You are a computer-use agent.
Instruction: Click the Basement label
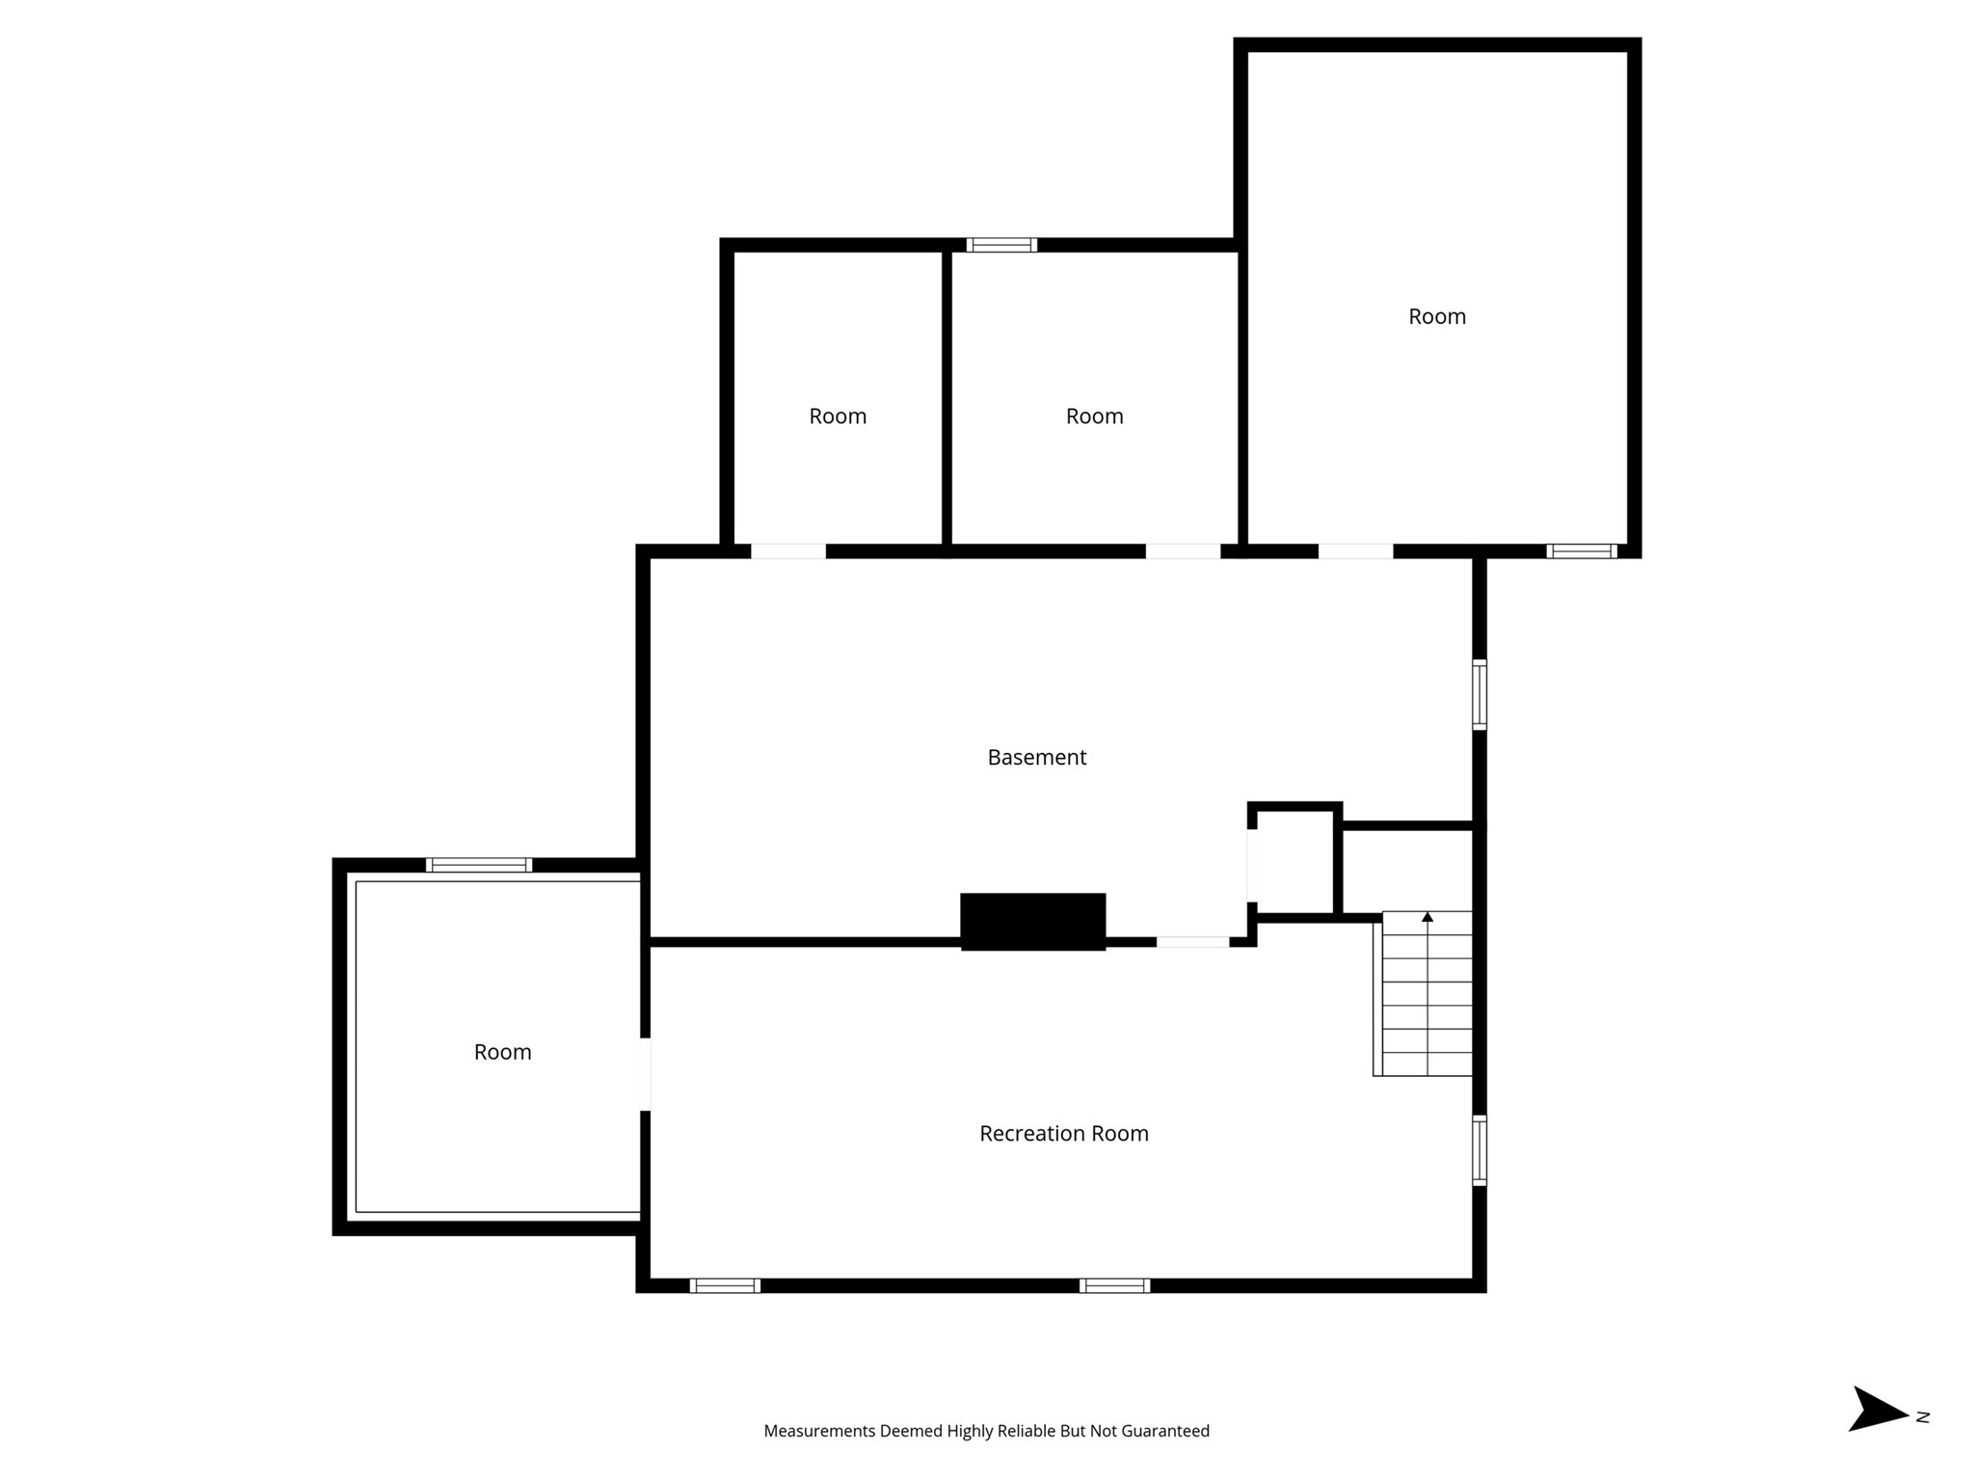click(1036, 758)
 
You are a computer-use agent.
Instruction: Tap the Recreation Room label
click(1063, 1134)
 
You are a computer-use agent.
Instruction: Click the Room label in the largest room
click(1436, 317)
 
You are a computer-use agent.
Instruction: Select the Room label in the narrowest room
click(837, 417)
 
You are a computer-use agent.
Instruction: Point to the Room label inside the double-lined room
click(502, 1052)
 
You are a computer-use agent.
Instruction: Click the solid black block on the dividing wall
click(1032, 921)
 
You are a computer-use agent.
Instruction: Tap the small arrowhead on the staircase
click(1427, 917)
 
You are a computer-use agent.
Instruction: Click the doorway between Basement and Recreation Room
click(1192, 942)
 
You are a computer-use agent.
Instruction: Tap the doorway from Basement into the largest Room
click(1355, 552)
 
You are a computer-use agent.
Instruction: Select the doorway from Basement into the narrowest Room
click(788, 552)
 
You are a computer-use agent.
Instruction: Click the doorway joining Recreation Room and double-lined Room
click(645, 1074)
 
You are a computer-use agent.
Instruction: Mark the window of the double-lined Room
click(479, 865)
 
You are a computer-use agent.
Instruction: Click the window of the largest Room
click(1582, 552)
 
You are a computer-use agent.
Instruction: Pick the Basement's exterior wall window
click(1480, 694)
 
